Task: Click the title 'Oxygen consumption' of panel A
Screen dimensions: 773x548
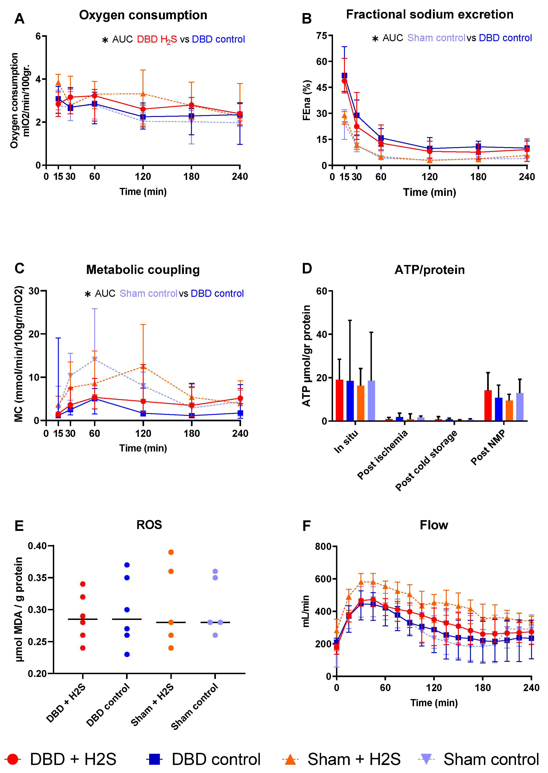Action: pyautogui.click(x=143, y=15)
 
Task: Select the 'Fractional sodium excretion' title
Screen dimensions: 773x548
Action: pyautogui.click(x=430, y=14)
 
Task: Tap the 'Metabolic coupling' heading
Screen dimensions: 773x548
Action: pyautogui.click(x=143, y=270)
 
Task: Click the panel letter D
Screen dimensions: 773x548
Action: pyautogui.click(x=307, y=269)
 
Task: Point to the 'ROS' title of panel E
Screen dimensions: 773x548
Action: pyautogui.click(x=149, y=525)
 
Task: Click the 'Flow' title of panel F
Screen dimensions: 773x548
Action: pyautogui.click(x=434, y=525)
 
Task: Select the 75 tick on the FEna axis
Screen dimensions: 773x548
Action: pyautogui.click(x=322, y=36)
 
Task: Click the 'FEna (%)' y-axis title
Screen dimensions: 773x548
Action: pyautogui.click(x=306, y=100)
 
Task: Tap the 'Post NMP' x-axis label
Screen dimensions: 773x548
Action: pyautogui.click(x=488, y=447)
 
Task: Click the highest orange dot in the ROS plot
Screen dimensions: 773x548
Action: pyautogui.click(x=171, y=552)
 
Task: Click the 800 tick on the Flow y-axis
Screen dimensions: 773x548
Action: pyautogui.click(x=323, y=546)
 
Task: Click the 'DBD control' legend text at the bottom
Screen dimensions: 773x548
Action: pyautogui.click(x=216, y=759)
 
